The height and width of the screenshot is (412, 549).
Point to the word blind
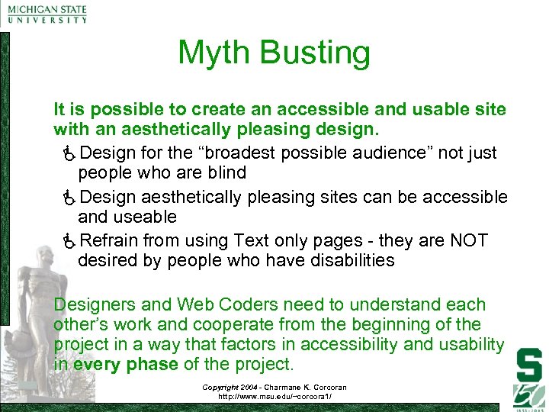(226, 173)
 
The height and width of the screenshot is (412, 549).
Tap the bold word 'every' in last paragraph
(96, 364)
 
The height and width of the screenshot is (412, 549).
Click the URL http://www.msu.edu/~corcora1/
(274, 397)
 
